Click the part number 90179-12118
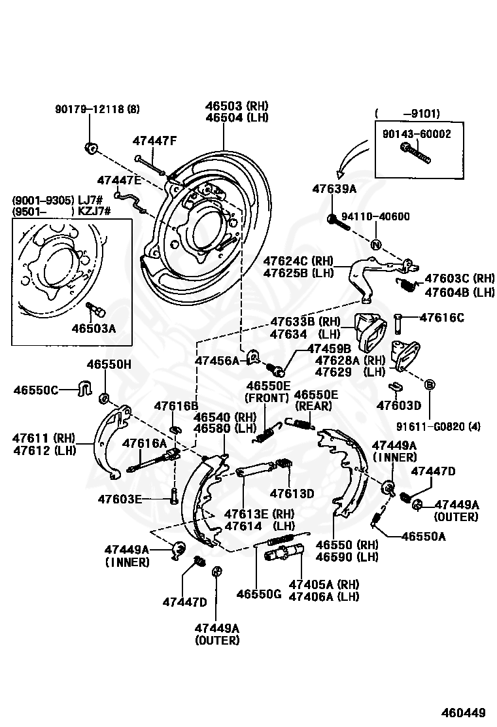point(90,109)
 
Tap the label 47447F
point(155,141)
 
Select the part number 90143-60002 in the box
point(417,134)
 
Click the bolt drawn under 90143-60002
point(415,153)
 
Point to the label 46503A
point(94,328)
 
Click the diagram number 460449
point(463,712)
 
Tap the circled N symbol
point(376,245)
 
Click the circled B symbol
point(429,384)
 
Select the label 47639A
point(334,189)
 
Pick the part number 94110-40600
point(375,216)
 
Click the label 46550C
point(36,390)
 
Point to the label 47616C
point(442,318)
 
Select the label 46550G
point(259,594)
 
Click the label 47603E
point(120,499)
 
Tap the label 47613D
point(292,494)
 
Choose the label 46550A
point(424,537)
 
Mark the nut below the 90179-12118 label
point(90,148)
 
